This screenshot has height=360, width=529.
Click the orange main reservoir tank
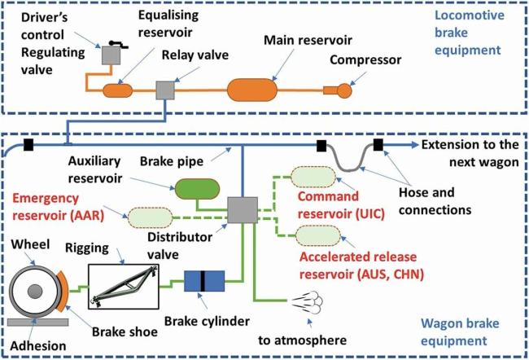coord(252,90)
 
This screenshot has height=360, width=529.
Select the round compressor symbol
coord(344,90)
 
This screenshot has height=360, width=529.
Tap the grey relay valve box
coord(165,90)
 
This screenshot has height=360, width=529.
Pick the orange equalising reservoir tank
coord(117,90)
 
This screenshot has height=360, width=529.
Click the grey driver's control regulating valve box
coord(111,55)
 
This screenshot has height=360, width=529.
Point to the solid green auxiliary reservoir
coord(197,189)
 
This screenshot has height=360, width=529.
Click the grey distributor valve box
coord(243,210)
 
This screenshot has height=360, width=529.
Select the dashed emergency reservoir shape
coord(151,217)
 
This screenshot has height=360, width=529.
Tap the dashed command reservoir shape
coord(313,177)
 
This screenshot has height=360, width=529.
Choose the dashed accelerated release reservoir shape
coord(318,235)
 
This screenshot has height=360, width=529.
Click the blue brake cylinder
coord(204,281)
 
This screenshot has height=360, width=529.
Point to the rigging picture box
coord(124,287)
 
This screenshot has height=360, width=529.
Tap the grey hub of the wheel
coord(35,291)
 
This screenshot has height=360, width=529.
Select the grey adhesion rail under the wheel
coord(37,323)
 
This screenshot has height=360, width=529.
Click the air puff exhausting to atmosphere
coord(308,302)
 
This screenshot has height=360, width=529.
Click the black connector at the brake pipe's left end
coord(28,145)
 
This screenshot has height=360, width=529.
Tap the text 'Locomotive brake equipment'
coord(470,33)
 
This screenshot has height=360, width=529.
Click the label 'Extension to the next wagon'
coord(470,153)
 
